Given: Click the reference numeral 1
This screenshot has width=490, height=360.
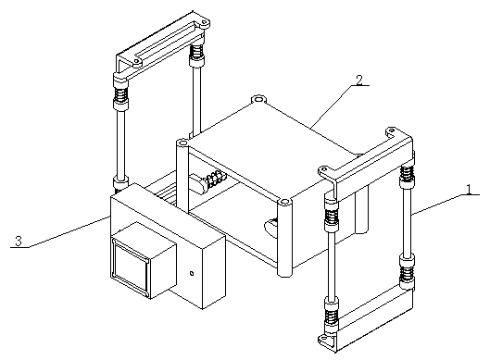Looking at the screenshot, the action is (469, 189).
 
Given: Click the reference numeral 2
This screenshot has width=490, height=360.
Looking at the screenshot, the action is (359, 81).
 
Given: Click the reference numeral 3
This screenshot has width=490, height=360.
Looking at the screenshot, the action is (19, 242).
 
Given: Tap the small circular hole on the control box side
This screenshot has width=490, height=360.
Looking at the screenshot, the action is (192, 274).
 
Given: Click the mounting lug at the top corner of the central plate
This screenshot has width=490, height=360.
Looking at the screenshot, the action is (258, 100).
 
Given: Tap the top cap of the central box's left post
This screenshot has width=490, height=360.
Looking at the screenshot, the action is (182, 143).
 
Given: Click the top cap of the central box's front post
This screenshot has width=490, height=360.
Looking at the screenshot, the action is (284, 203).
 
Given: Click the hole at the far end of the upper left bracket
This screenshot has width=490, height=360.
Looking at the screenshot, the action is (205, 23).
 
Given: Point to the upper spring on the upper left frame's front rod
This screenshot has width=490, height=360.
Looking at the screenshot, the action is (121, 94).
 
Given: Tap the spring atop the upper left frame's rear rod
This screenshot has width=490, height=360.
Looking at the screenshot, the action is (196, 52).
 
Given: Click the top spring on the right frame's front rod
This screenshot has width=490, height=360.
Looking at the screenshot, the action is (332, 215).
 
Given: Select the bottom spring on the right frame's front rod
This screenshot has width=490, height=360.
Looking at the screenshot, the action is (331, 316).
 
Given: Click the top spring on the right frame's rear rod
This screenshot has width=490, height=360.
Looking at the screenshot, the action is (407, 174).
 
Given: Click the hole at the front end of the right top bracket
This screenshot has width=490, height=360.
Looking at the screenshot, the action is (324, 169).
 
